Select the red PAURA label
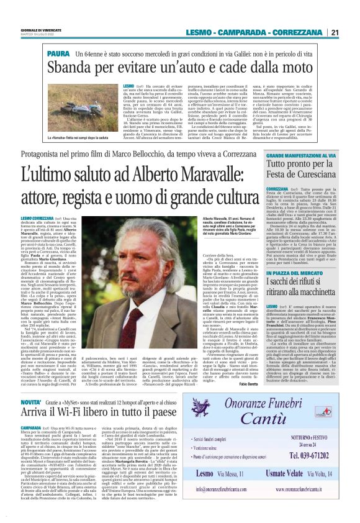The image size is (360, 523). tap(58, 55)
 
